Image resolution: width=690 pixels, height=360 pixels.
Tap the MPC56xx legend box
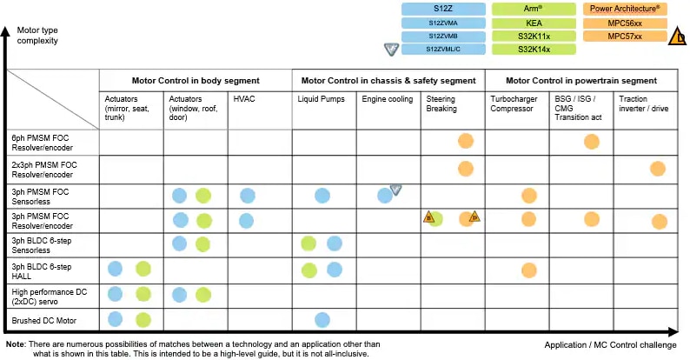pos(626,23)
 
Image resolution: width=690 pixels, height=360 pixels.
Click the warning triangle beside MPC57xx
pos(678,37)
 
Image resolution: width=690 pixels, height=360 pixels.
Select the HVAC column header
pos(245,100)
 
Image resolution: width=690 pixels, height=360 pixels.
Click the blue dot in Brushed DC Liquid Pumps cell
pos(322,320)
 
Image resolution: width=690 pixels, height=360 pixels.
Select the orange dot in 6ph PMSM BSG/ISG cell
pos(592,141)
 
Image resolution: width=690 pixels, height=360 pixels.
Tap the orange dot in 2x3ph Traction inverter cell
pos(657,168)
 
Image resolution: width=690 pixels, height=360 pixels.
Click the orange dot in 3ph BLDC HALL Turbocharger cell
pos(527,270)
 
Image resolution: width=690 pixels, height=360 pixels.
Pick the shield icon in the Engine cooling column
pos(395,190)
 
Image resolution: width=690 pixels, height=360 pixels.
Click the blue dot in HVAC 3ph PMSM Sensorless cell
pos(248,196)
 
